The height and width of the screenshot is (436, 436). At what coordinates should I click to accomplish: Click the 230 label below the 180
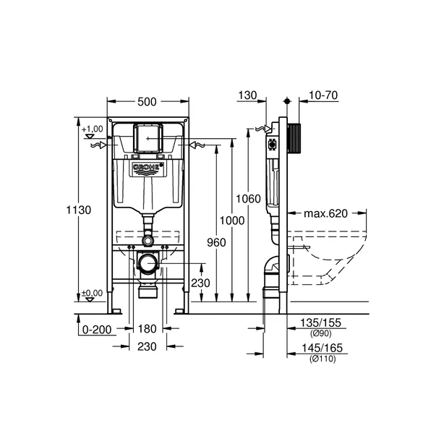[x=147, y=347]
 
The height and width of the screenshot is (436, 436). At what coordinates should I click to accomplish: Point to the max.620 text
[x=325, y=214]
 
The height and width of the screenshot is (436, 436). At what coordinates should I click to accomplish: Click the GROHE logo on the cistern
[x=147, y=168]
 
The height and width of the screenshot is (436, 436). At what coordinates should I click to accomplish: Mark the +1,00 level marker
[x=93, y=130]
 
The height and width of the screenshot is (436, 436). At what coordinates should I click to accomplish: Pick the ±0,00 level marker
[x=92, y=293]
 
